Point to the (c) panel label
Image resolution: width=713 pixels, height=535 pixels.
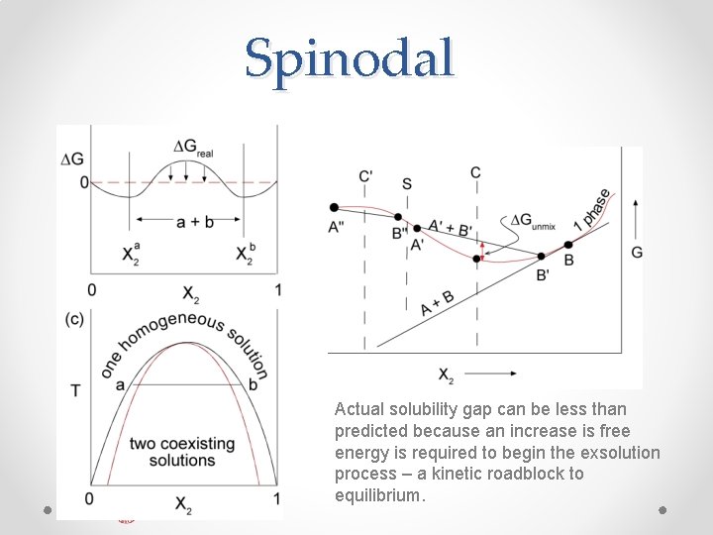click(x=73, y=319)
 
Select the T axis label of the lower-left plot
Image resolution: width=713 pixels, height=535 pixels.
click(x=75, y=391)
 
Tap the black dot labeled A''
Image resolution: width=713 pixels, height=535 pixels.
click(x=334, y=207)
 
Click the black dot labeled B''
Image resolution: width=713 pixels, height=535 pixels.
click(x=398, y=217)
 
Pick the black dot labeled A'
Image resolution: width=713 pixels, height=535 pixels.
click(x=417, y=229)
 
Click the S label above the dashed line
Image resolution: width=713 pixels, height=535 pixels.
click(x=407, y=183)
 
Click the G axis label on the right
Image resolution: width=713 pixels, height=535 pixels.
click(x=636, y=252)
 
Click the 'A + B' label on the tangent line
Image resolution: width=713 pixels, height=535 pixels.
click(x=437, y=302)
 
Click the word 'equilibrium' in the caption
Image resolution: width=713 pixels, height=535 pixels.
click(x=379, y=494)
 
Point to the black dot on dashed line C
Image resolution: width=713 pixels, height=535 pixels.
click(x=476, y=258)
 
